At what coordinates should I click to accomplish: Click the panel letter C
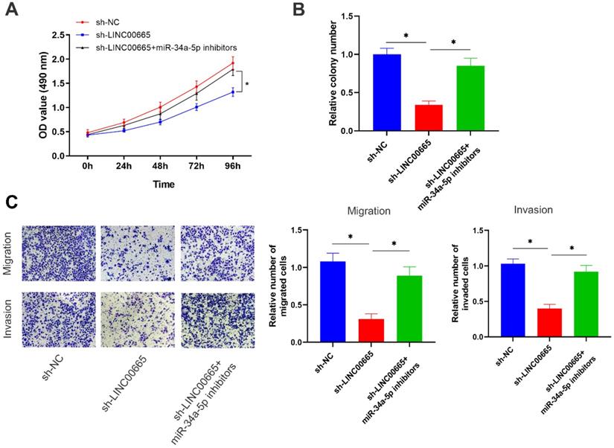click(x=11, y=202)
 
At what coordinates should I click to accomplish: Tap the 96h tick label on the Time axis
click(x=233, y=165)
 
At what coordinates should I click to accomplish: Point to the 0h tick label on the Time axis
click(x=88, y=165)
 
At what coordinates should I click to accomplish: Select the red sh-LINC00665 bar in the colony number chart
click(x=431, y=118)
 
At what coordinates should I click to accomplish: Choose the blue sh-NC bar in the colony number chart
click(x=388, y=93)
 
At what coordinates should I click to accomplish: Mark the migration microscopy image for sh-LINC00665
click(x=135, y=253)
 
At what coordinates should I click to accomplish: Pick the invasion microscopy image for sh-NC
click(x=58, y=319)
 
